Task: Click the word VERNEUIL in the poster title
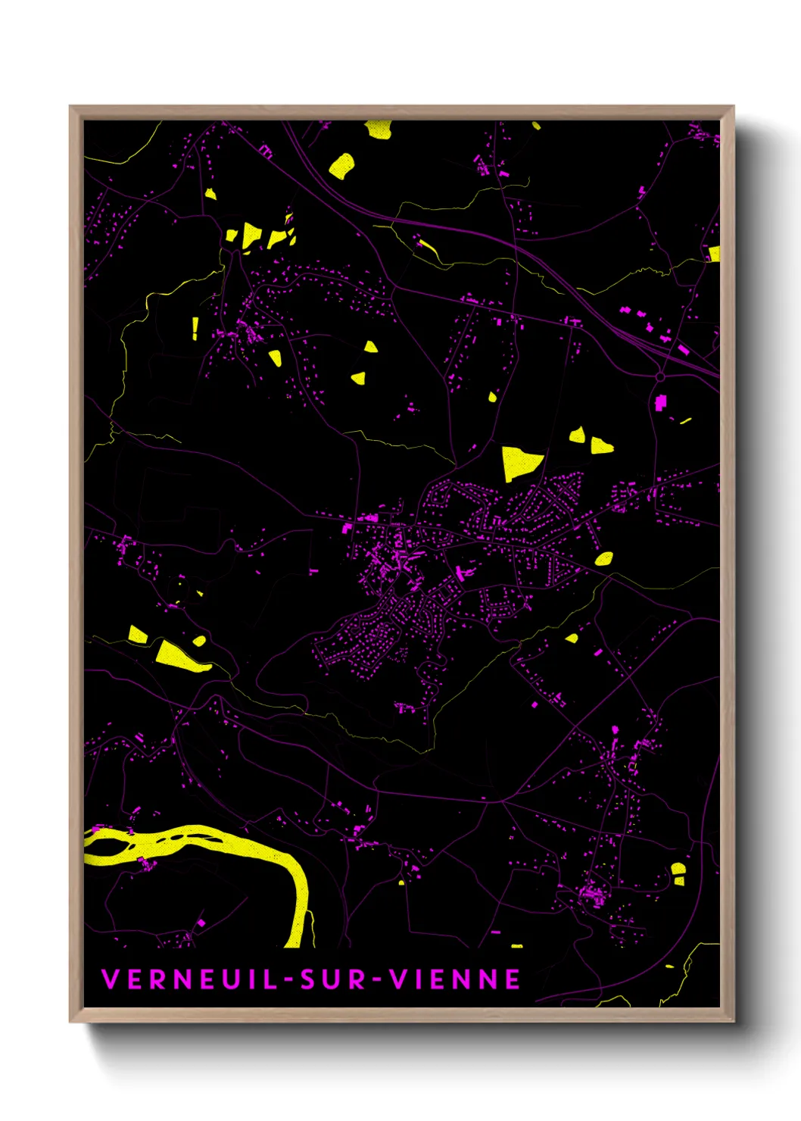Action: pyautogui.click(x=189, y=979)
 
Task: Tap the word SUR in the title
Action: pyautogui.click(x=334, y=979)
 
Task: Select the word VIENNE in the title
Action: pyautogui.click(x=456, y=979)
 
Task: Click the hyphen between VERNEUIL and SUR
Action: pyautogui.click(x=288, y=980)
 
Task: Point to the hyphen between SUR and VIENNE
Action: pyautogui.click(x=378, y=980)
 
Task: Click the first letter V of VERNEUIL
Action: pyautogui.click(x=109, y=979)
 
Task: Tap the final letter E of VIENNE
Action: pyautogui.click(x=513, y=979)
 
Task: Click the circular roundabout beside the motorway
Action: pyautogui.click(x=660, y=376)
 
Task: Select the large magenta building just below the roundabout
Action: pyautogui.click(x=660, y=401)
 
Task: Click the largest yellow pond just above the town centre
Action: pyautogui.click(x=519, y=461)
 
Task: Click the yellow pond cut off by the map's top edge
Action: pyautogui.click(x=379, y=129)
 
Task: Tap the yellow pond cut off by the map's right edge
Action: pyautogui.click(x=714, y=253)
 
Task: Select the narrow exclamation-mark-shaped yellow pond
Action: pyautogui.click(x=195, y=327)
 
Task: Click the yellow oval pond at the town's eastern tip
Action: pyautogui.click(x=603, y=559)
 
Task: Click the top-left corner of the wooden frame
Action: pyautogui.click(x=70, y=107)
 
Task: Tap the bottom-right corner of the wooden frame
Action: pyautogui.click(x=733, y=1021)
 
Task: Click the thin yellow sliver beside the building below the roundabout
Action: pyautogui.click(x=685, y=420)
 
